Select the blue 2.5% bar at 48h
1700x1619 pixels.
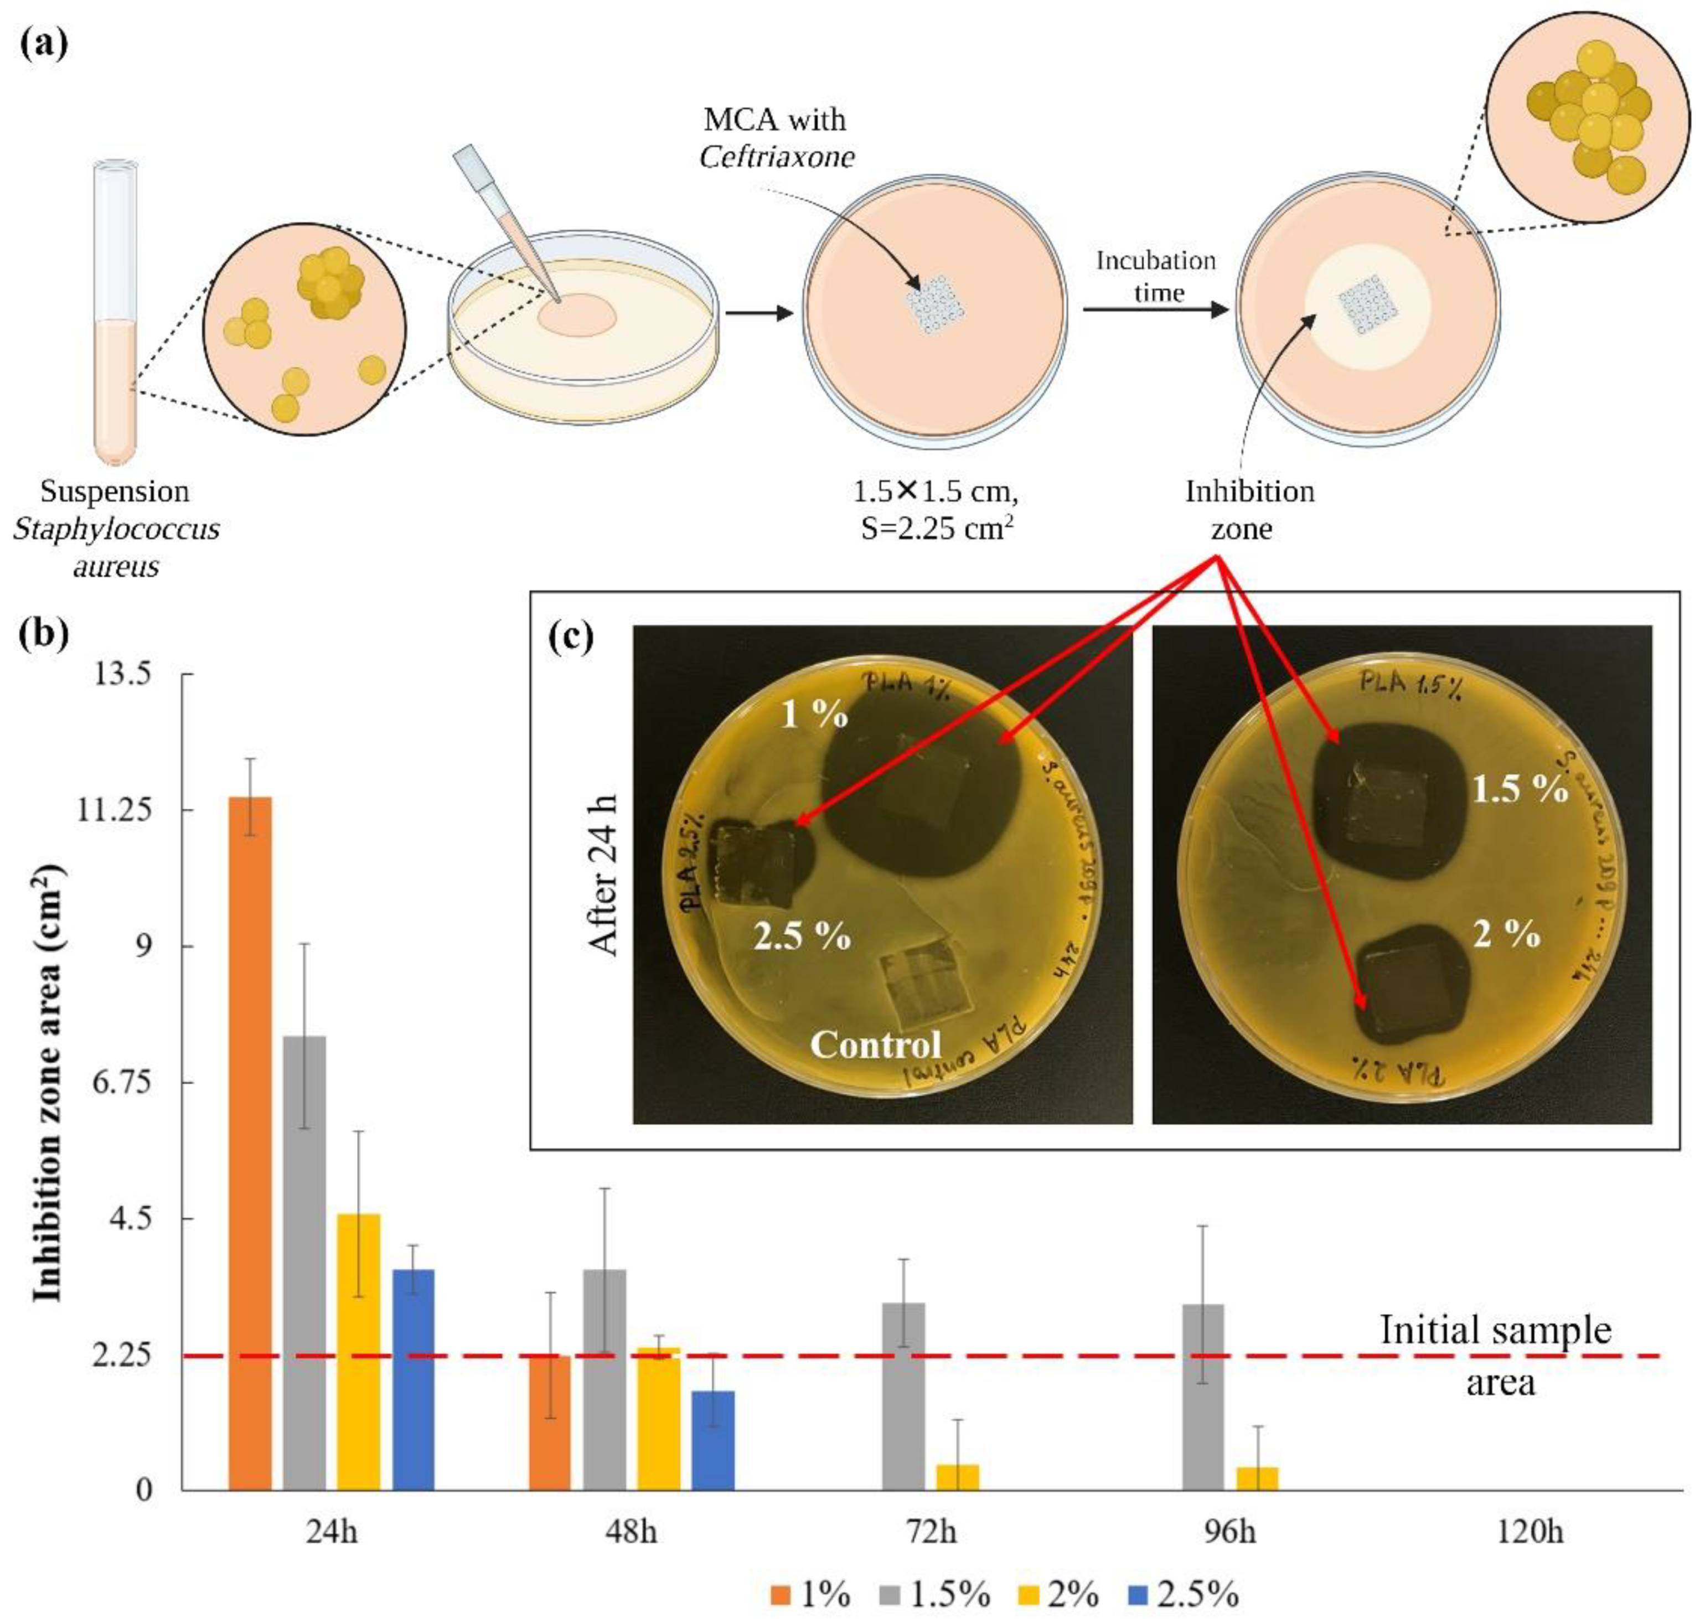pyautogui.click(x=713, y=1440)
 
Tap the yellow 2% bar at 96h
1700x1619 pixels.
pyautogui.click(x=1257, y=1477)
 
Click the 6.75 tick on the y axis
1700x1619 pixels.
pyautogui.click(x=120, y=1082)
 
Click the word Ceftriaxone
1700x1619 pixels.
pyautogui.click(x=777, y=157)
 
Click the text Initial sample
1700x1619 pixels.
pyautogui.click(x=1496, y=1330)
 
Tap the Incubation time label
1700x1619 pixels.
pyautogui.click(x=1156, y=276)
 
